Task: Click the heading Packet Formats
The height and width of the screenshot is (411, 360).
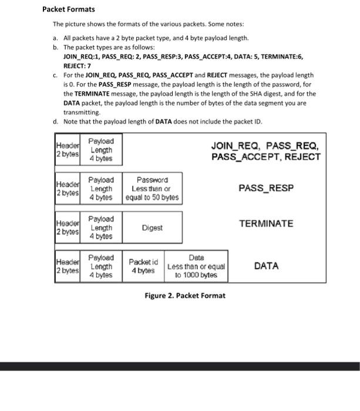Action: click(69, 10)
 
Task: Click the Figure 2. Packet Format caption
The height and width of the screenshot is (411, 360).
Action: click(185, 295)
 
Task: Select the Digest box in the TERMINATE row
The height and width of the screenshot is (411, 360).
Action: click(152, 227)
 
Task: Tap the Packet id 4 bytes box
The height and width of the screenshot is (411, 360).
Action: click(143, 266)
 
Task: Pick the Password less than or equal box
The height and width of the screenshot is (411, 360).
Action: click(152, 188)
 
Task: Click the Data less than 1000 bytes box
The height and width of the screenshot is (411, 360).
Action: click(196, 266)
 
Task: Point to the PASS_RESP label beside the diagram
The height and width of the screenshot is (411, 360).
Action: click(265, 188)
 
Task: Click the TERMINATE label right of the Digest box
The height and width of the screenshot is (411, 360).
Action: click(265, 224)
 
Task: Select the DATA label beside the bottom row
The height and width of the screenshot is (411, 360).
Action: click(266, 266)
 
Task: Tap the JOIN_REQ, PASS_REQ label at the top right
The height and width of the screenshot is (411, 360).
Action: click(265, 145)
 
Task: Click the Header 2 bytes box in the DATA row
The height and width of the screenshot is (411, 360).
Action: click(67, 266)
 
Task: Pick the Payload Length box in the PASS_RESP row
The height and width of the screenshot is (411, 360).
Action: click(101, 188)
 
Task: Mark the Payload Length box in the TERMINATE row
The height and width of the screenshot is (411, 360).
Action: click(101, 227)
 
